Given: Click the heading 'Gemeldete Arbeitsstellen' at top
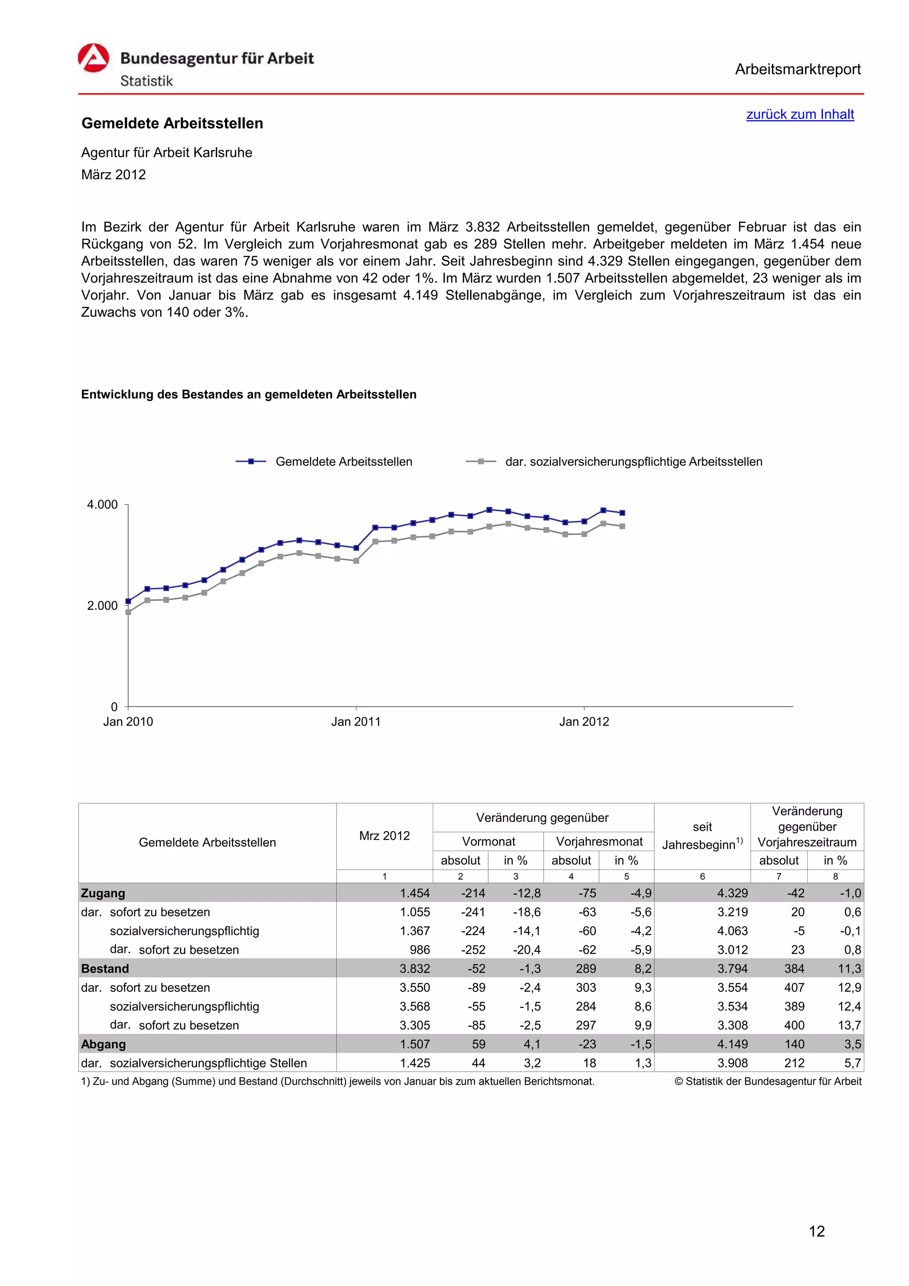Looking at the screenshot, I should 172,123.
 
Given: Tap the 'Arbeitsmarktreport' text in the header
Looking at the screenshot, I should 798,70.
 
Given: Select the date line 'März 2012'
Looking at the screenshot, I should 113,175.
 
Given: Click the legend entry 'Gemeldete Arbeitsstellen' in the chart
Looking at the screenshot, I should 344,462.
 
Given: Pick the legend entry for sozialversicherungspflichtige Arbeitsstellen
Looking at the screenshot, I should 633,462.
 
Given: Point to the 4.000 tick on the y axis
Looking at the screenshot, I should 103,505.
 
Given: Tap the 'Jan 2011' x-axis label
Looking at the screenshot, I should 356,722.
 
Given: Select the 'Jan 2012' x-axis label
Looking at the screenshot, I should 584,722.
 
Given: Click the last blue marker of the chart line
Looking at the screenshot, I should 622,513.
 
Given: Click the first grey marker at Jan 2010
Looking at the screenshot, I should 128,612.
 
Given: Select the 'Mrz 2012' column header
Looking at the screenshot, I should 384,836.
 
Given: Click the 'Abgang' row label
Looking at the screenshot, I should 103,1044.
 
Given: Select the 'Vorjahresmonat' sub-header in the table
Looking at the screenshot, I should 599,841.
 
